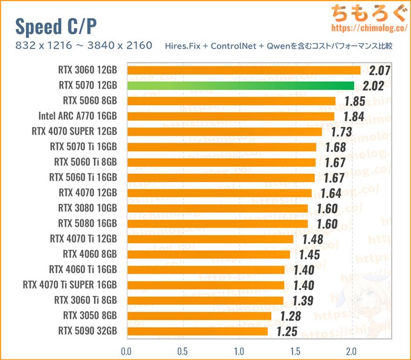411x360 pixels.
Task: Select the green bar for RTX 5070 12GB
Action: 240,86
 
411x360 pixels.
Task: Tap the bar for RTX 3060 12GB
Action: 243,70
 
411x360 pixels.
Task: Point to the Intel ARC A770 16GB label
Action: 78,116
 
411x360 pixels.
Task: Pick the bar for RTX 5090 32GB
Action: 197,331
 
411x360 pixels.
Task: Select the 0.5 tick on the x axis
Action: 183,351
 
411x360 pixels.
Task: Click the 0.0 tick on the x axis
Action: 126,351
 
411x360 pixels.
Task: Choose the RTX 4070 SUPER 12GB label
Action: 75,131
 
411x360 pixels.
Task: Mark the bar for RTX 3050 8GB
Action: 198,316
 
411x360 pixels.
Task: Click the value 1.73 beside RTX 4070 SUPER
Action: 338,132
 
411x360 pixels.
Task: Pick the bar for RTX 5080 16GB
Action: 217,224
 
